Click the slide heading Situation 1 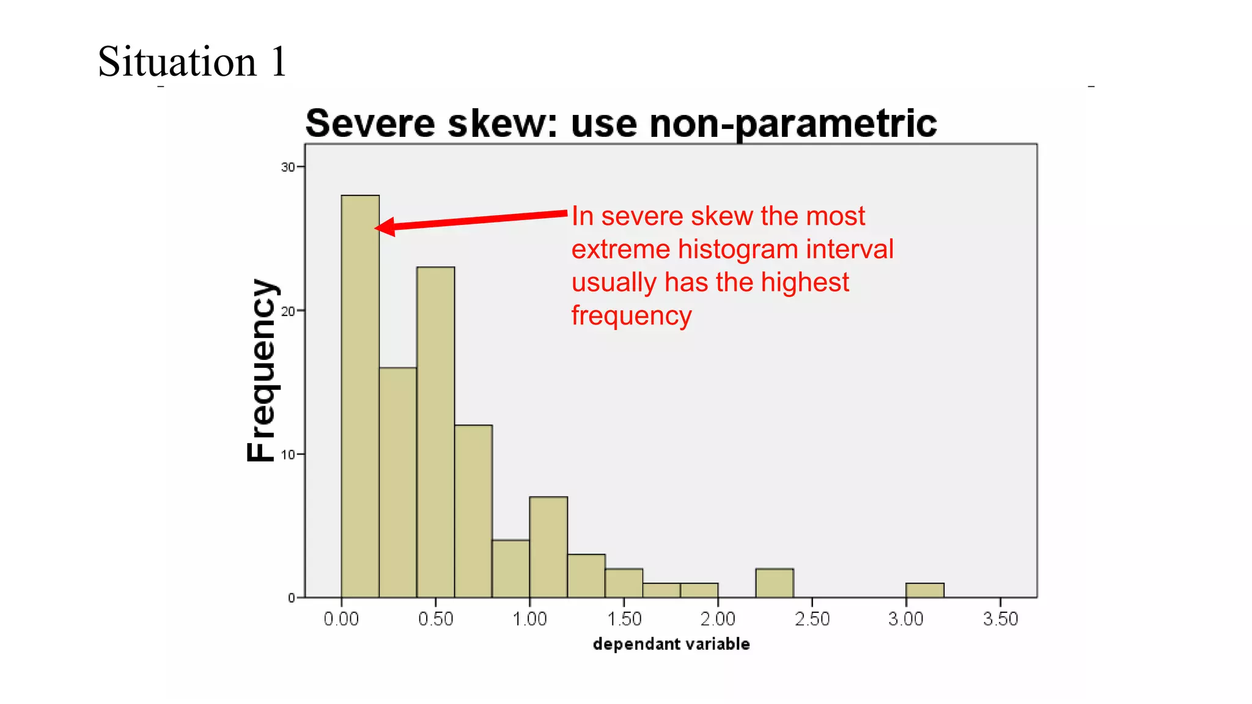[192, 62]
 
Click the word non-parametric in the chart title [793, 124]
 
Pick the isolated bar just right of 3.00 [924, 590]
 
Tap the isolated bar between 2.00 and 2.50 [775, 583]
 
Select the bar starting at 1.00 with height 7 [548, 547]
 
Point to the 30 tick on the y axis [287, 167]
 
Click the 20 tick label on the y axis [287, 311]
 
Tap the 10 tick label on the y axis [287, 455]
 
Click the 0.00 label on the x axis [341, 619]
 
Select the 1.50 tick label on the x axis [624, 619]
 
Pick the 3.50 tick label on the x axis [1000, 619]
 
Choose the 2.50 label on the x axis [812, 619]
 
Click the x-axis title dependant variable [671, 644]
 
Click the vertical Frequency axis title [262, 370]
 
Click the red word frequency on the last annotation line [632, 316]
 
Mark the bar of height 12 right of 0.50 [473, 511]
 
